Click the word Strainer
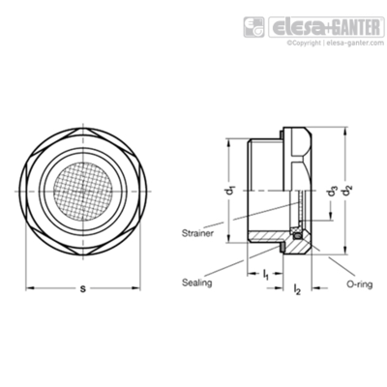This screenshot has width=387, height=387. [x=197, y=233]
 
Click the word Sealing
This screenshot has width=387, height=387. [x=196, y=283]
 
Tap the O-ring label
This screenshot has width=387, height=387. [x=360, y=284]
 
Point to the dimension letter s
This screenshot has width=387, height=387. [x=83, y=288]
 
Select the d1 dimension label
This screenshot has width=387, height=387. [x=230, y=191]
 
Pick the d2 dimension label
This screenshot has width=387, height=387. [x=347, y=191]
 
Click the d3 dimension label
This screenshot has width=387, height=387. [x=331, y=193]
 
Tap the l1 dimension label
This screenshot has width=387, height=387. [x=265, y=275]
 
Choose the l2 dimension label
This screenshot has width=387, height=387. [x=297, y=289]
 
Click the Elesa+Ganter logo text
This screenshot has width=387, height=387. [x=327, y=27]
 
